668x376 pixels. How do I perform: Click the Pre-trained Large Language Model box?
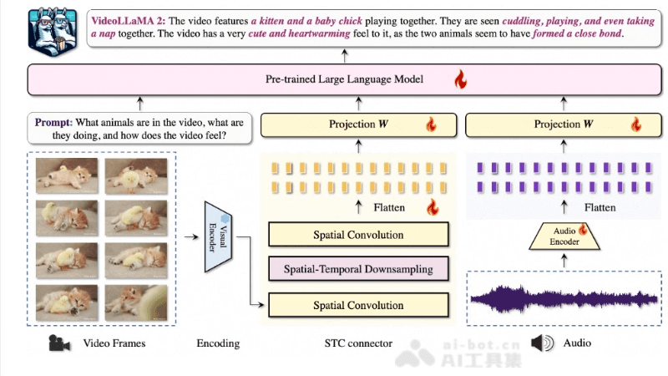333,80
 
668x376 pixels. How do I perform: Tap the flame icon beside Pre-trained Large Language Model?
458,80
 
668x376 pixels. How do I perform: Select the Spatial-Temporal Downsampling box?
358,269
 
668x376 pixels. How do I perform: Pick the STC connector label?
358,343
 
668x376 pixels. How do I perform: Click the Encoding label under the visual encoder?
218,343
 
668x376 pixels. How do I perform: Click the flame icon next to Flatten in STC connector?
432,206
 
